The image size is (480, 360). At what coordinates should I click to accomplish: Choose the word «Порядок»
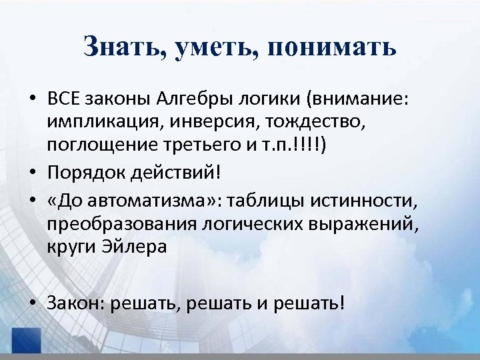(81, 172)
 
